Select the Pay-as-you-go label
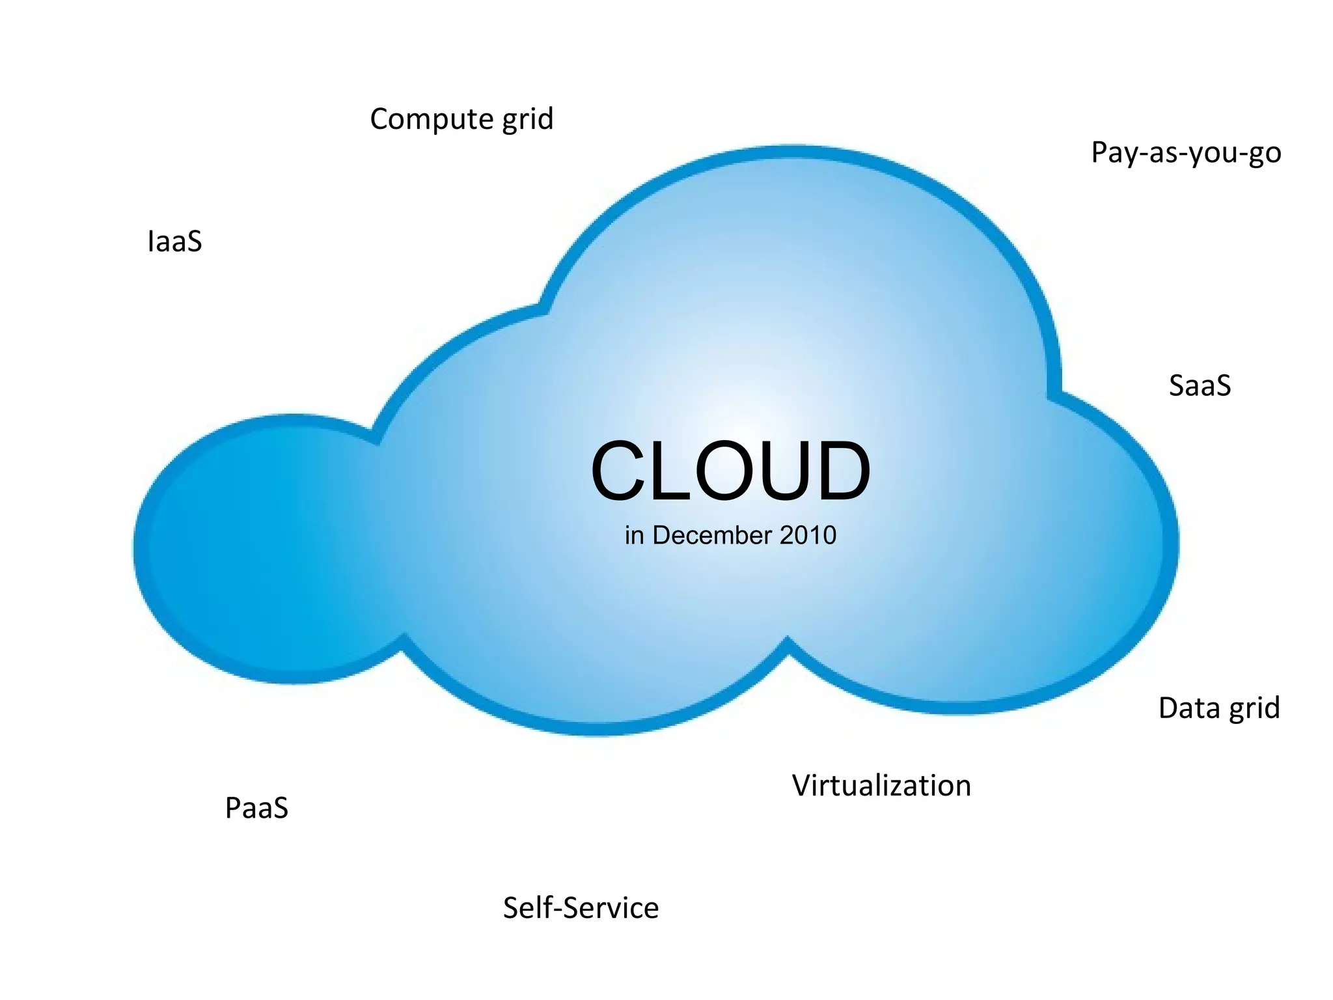[1186, 154]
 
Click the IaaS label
[174, 242]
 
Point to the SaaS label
[1200, 385]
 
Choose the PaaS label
[256, 808]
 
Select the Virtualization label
[881, 786]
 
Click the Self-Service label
[581, 908]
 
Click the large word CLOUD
[730, 471]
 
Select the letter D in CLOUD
[840, 471]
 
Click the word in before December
[634, 535]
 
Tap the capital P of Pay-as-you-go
[1101, 152]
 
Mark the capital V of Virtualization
[803, 786]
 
